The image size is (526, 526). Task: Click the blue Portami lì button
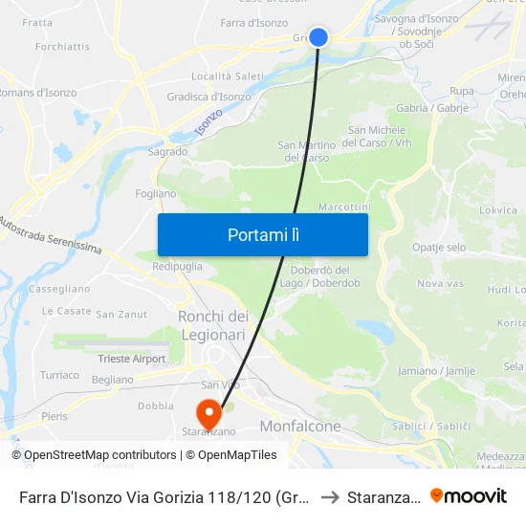point(263,234)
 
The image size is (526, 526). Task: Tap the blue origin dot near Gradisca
point(318,37)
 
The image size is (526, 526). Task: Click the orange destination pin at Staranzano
point(208,414)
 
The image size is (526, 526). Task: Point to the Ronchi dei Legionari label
point(213,325)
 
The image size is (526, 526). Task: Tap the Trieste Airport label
point(132,360)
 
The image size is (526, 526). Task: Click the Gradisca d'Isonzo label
point(208,97)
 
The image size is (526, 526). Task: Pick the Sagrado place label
point(167,151)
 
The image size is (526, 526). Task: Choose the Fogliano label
point(156,193)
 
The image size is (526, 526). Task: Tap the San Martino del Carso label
point(304,151)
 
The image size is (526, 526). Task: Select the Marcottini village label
point(344,207)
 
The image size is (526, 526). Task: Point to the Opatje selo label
point(439,248)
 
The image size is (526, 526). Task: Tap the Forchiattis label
point(62,46)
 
